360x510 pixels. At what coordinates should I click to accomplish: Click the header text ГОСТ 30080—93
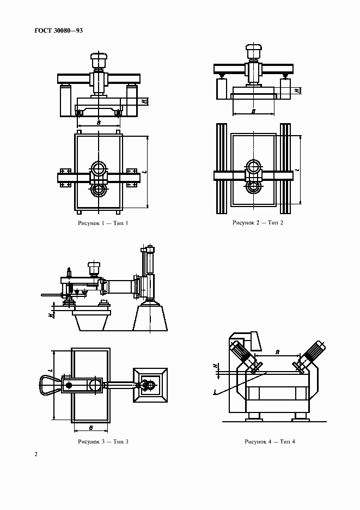[58, 31]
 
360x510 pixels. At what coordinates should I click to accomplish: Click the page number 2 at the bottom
[36, 454]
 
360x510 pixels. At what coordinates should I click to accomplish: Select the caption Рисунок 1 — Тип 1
[103, 223]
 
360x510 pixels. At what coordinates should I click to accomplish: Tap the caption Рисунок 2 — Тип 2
[258, 222]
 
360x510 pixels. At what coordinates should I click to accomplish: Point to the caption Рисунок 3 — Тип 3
[103, 441]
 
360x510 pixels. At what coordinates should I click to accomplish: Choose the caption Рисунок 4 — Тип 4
[270, 441]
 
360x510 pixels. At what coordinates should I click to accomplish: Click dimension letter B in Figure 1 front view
[99, 123]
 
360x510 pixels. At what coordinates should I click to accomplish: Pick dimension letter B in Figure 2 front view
[253, 111]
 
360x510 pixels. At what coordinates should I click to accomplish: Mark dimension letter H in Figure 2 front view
[297, 90]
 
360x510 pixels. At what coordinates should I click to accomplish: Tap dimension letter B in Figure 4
[277, 352]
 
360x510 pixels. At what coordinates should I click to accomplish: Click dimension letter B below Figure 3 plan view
[91, 428]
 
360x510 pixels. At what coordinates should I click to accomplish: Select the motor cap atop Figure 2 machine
[253, 52]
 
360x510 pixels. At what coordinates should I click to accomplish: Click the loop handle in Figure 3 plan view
[50, 385]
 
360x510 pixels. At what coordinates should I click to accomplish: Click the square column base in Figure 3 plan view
[150, 385]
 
